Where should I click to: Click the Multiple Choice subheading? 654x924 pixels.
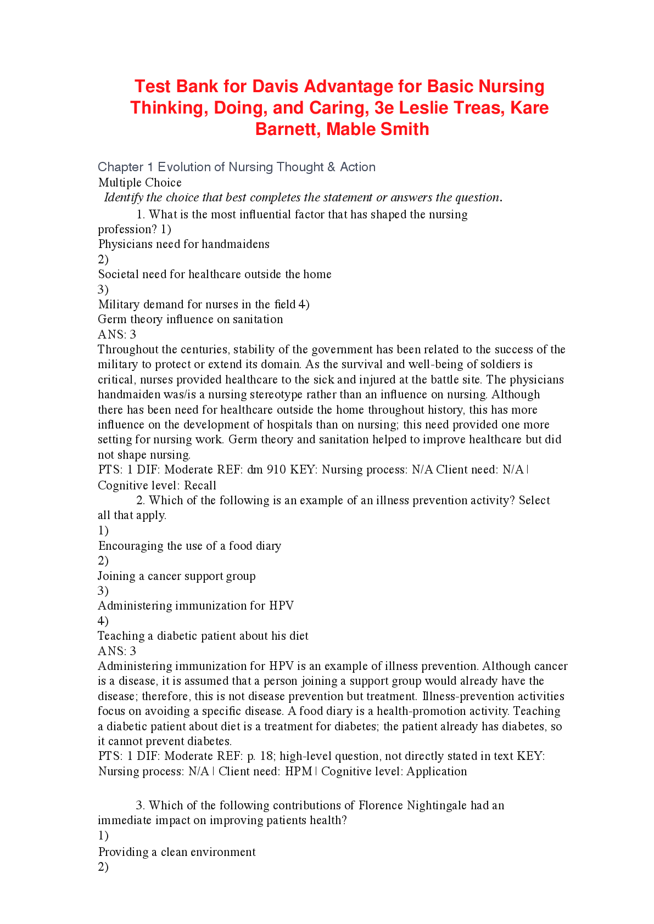140,183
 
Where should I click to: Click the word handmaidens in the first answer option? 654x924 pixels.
236,244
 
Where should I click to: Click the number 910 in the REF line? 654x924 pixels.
276,470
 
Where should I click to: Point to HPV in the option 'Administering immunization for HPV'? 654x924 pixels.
281,606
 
